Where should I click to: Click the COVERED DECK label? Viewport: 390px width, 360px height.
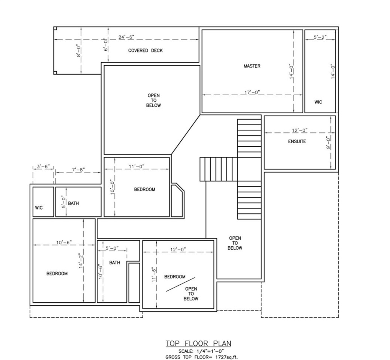(145, 51)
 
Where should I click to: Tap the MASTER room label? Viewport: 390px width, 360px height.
(252, 66)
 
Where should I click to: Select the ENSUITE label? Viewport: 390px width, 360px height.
(297, 141)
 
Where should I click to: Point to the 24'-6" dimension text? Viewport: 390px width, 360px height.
(126, 37)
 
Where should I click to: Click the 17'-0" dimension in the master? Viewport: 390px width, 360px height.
(252, 92)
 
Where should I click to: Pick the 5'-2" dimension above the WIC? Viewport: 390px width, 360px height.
(320, 37)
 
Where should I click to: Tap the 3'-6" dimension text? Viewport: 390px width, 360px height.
(43, 166)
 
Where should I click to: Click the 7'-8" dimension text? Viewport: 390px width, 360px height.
(78, 169)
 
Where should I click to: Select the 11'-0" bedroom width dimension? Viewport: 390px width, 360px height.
(136, 166)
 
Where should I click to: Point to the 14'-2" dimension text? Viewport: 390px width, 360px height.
(81, 261)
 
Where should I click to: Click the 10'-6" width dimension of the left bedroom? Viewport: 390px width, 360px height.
(64, 242)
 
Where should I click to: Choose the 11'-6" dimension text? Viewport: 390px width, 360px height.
(154, 274)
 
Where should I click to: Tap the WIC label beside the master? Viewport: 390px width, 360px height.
(318, 102)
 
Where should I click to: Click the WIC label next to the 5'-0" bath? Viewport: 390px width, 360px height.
(39, 208)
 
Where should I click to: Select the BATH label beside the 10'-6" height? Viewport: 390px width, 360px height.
(115, 262)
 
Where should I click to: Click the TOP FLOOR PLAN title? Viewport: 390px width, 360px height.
(198, 343)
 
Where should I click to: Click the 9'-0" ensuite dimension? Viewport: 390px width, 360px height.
(328, 143)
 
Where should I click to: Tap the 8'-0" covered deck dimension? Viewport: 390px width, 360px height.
(79, 51)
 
